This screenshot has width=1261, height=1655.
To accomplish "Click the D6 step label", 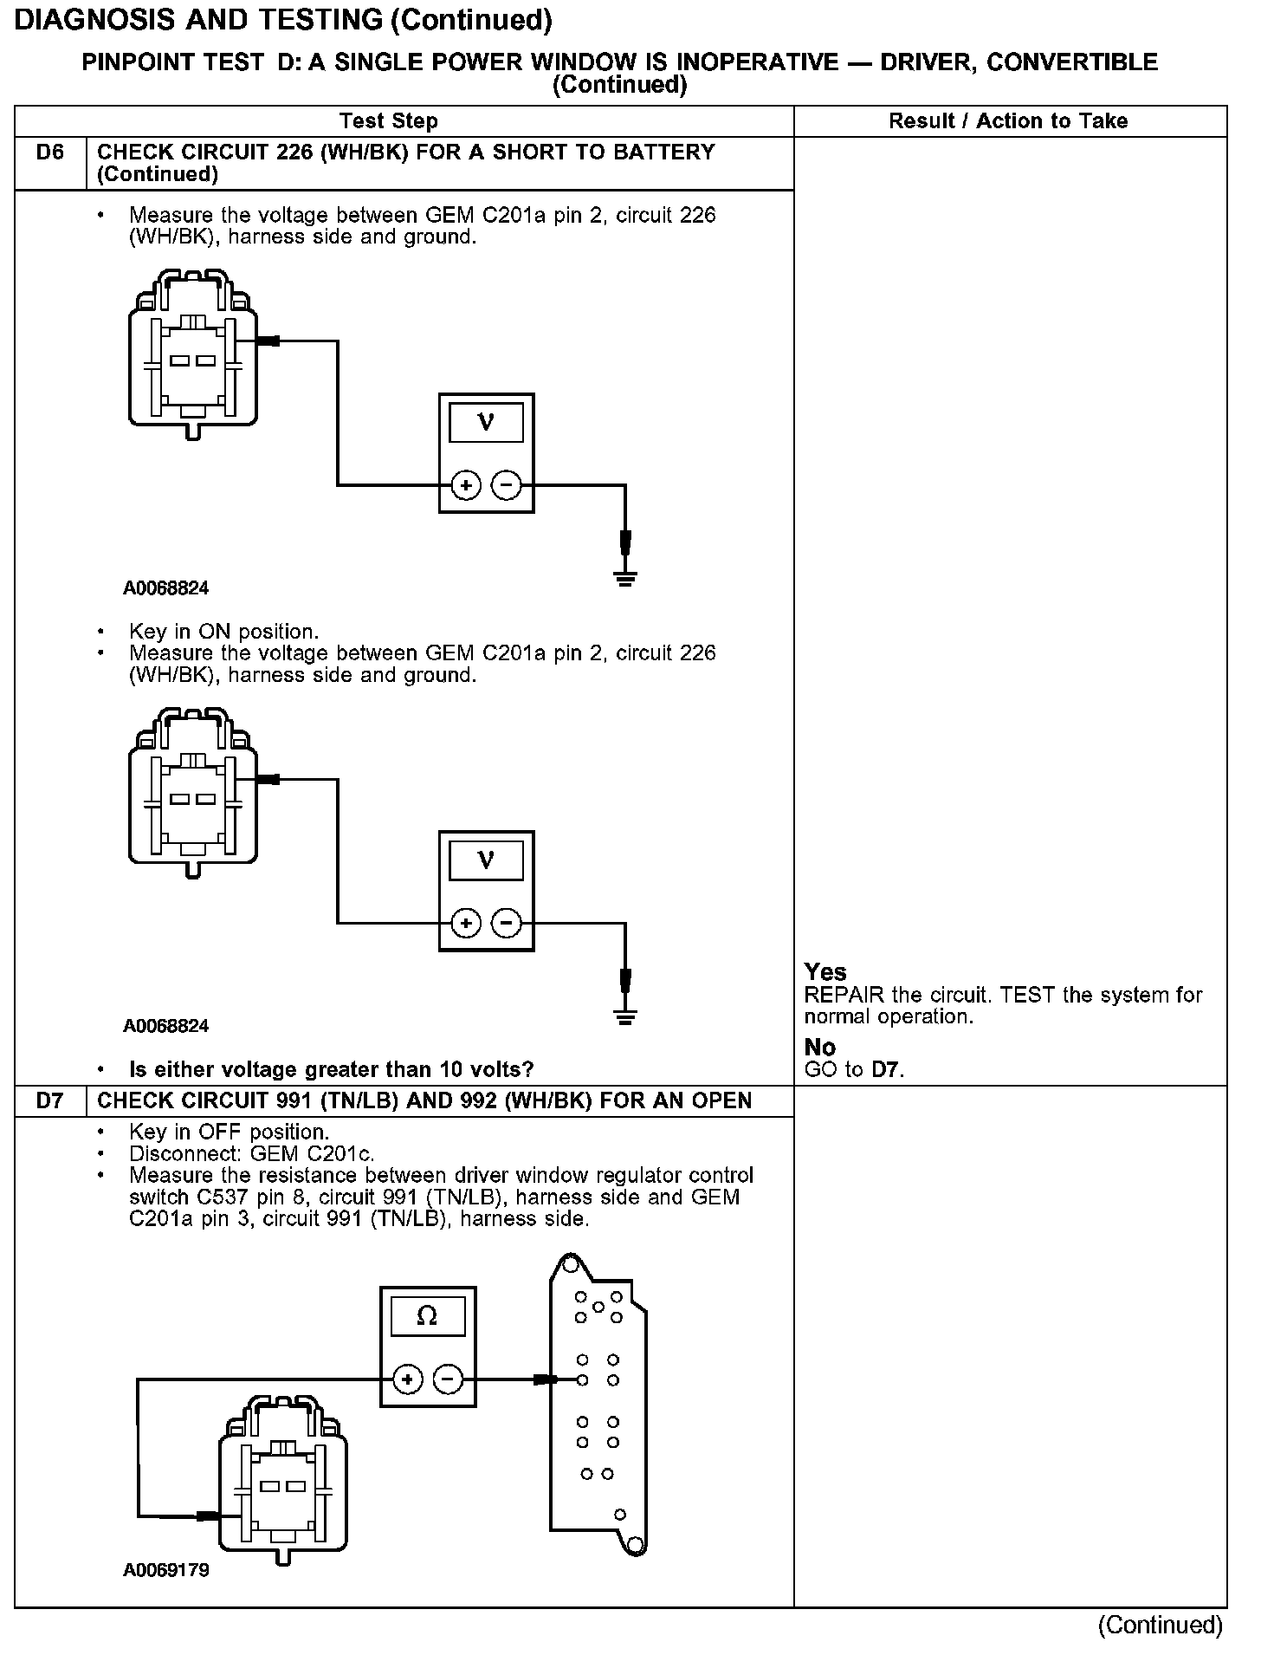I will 50,153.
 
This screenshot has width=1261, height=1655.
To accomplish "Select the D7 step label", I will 50,1101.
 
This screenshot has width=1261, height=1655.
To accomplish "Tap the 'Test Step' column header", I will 389,121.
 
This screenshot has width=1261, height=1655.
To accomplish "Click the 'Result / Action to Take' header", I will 1008,121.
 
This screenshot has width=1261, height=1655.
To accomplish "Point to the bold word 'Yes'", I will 825,972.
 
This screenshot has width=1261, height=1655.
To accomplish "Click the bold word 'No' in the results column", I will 820,1048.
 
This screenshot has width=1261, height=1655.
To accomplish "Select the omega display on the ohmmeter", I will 427,1317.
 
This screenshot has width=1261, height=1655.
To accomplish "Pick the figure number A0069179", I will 166,1570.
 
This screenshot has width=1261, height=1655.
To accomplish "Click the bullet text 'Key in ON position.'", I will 223,632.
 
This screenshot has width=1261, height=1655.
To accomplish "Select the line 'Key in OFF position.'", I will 229,1133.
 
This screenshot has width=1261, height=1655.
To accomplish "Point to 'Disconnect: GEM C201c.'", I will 251,1154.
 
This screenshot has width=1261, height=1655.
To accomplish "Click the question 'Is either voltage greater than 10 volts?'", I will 331,1070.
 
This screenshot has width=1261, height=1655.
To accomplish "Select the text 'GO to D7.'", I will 854,1070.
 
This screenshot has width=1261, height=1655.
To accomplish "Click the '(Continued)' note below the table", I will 1161,1626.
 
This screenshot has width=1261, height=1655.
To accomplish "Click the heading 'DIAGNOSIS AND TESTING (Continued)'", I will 283,19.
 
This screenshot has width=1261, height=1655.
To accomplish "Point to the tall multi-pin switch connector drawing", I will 598,1405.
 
